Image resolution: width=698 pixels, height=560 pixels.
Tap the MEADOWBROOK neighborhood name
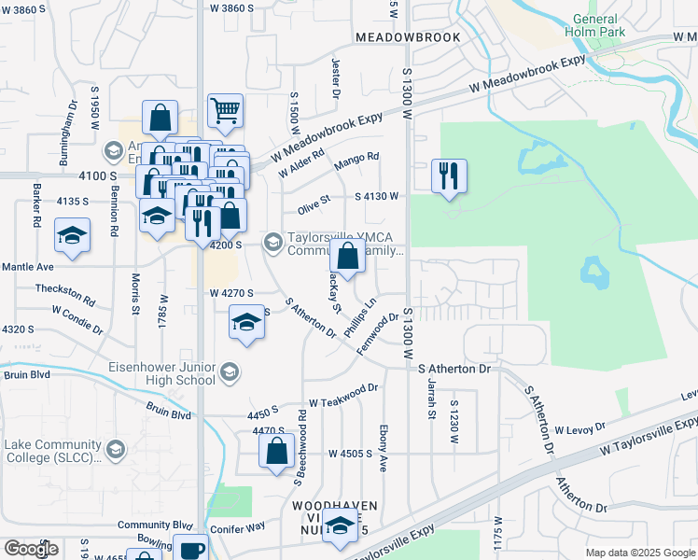pyautogui.click(x=408, y=37)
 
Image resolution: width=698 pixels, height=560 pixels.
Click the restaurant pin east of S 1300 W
pyautogui.click(x=449, y=176)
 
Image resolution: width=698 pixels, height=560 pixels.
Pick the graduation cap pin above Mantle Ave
pyautogui.click(x=72, y=238)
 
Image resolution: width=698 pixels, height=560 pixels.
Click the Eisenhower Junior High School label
pyautogui.click(x=161, y=373)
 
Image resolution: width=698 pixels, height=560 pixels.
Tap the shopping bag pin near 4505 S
pyautogui.click(x=277, y=453)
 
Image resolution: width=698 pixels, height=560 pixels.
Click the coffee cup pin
pyautogui.click(x=191, y=549)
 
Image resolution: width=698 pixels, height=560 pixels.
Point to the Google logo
pyautogui.click(x=30, y=549)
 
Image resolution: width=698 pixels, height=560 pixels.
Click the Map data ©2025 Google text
pyautogui.click(x=639, y=553)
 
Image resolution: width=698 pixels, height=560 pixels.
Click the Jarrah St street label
pyautogui.click(x=432, y=402)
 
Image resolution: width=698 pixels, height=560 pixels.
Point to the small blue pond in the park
pyautogui.click(x=592, y=273)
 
